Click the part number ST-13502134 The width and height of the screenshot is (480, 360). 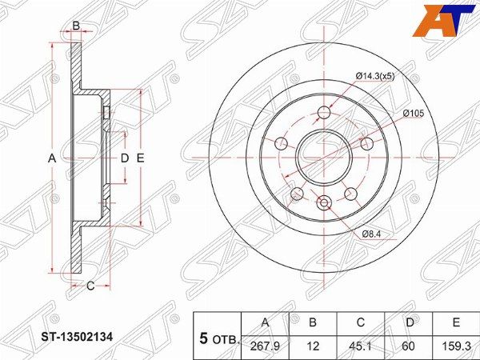click(77, 338)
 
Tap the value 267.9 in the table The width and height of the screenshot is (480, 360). click(265, 346)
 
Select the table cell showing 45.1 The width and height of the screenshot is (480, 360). click(361, 346)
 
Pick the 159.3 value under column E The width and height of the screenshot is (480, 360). click(456, 346)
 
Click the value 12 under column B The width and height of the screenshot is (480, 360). click(313, 346)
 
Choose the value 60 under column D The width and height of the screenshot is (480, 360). click(409, 346)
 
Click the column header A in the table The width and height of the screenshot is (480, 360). click(266, 322)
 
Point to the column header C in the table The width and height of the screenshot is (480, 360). click(361, 322)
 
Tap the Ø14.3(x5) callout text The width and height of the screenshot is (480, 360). click(375, 77)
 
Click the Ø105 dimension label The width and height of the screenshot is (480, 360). click(414, 114)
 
